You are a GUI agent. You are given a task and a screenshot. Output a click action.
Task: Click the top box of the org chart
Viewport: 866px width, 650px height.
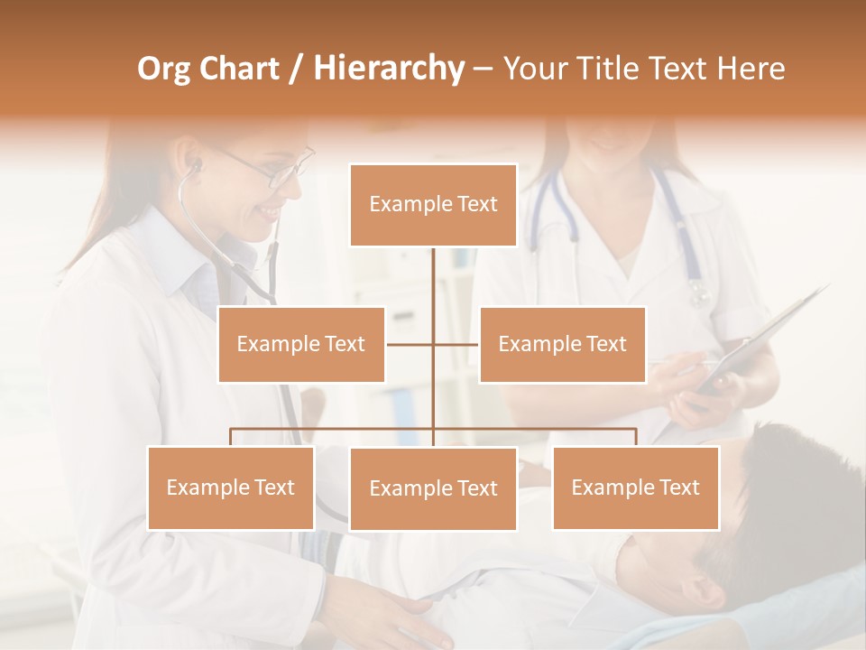tap(433, 205)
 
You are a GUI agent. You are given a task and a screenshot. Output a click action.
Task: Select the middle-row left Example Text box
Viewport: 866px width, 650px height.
tap(301, 344)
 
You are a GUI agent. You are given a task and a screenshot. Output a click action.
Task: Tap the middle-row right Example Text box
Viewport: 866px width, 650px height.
tap(562, 344)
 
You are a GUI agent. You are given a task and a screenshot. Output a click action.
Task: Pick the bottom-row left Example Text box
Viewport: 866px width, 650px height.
tap(231, 487)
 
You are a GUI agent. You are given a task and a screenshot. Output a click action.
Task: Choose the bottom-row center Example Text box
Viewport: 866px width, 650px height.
tap(433, 488)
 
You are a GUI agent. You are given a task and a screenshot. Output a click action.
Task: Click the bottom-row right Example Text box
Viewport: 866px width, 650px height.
tap(635, 487)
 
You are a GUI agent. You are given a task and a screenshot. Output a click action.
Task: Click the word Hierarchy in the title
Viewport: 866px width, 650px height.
tap(388, 68)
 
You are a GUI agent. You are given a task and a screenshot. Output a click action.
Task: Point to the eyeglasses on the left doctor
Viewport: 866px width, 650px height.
tap(271, 170)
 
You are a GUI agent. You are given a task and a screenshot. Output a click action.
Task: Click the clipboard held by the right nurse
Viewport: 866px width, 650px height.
tap(767, 334)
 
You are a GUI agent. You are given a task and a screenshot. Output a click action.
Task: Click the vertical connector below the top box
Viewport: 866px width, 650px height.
tap(433, 280)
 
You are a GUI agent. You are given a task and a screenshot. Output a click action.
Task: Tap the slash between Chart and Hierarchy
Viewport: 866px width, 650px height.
tap(297, 69)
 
